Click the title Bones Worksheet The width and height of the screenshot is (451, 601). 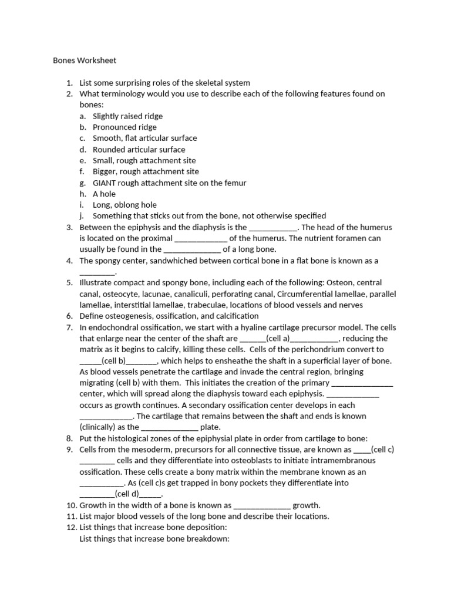[85, 60]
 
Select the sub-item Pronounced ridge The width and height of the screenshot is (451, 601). [124, 127]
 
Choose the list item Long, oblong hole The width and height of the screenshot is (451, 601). [124, 205]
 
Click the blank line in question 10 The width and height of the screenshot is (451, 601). [262, 505]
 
